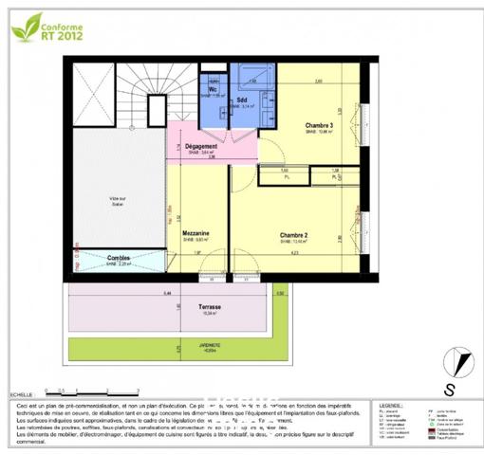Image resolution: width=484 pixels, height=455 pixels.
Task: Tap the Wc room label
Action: tap(213, 90)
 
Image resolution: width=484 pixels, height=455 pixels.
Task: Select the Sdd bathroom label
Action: tap(242, 99)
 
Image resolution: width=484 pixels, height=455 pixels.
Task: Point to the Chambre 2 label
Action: tap(293, 234)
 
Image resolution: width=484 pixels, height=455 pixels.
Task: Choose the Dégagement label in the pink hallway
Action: tap(201, 146)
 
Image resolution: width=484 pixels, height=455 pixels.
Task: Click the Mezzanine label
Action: tap(196, 233)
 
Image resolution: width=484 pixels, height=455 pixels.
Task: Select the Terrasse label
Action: tap(211, 307)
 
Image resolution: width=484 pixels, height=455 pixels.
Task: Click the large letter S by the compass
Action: tap(449, 387)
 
